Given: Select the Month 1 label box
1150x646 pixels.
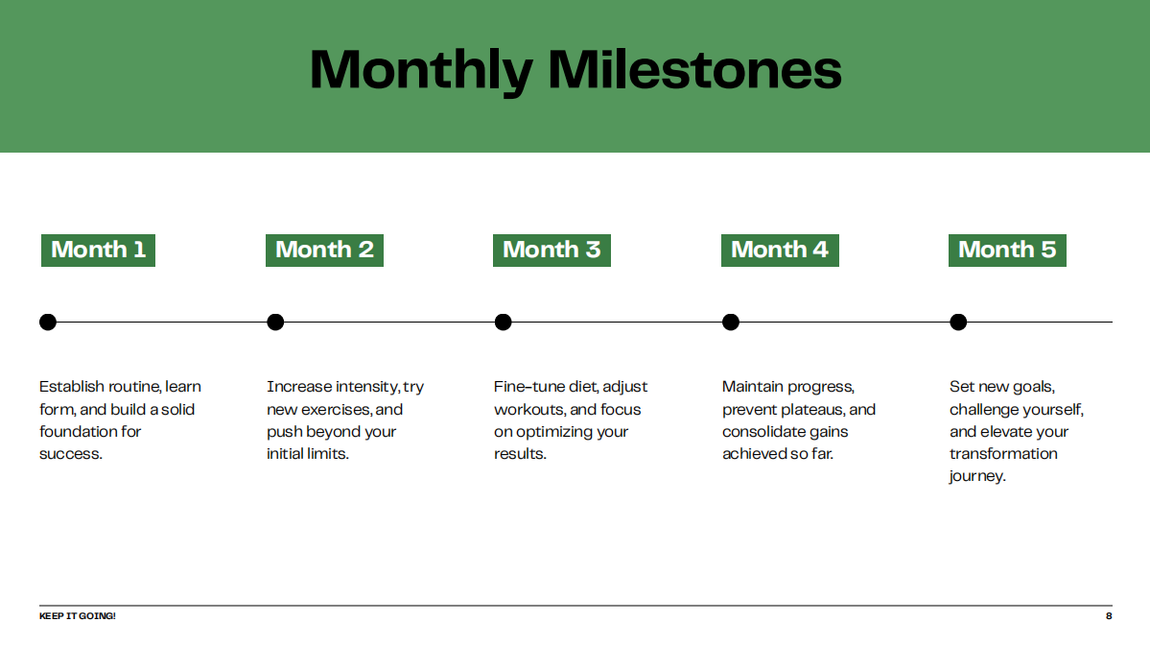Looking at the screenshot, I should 98,250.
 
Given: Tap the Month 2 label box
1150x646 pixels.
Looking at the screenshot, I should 324,250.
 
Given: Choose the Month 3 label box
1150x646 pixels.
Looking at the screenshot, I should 552,250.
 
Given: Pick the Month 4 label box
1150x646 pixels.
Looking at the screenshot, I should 780,250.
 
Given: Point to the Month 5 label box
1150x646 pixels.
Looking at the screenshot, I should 1007,250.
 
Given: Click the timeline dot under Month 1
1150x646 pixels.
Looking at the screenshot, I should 48,322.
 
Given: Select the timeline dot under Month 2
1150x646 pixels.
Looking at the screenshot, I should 275,322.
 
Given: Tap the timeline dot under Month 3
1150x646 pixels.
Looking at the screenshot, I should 503,322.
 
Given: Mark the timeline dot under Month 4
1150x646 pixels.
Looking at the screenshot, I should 730,322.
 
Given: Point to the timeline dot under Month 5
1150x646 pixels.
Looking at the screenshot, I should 957,322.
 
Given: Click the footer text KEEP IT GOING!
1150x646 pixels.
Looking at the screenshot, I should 77,615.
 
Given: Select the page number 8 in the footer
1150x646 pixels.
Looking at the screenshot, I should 1109,615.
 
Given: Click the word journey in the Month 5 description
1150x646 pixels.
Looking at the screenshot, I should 975,476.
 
